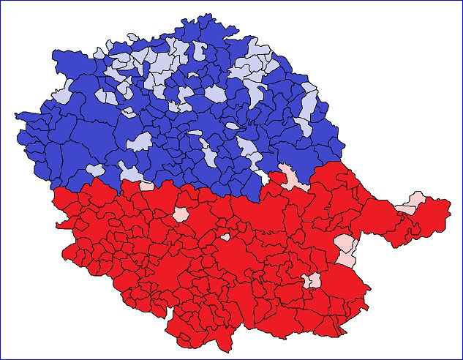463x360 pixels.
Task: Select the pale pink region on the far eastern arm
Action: [415, 200]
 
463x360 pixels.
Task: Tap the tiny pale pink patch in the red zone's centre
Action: [225, 237]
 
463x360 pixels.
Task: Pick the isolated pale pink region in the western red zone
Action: [180, 214]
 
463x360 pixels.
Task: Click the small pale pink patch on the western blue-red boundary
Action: [146, 186]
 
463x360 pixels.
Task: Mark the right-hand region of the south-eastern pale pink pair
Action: [315, 281]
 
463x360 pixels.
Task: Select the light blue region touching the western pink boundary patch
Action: [132, 174]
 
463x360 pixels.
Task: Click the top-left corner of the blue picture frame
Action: [1, 1]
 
